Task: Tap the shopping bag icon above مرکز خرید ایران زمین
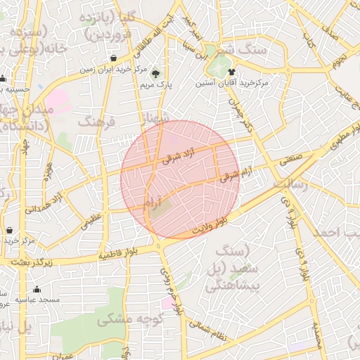(x=114, y=58)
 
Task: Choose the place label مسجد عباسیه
(x=41, y=299)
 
